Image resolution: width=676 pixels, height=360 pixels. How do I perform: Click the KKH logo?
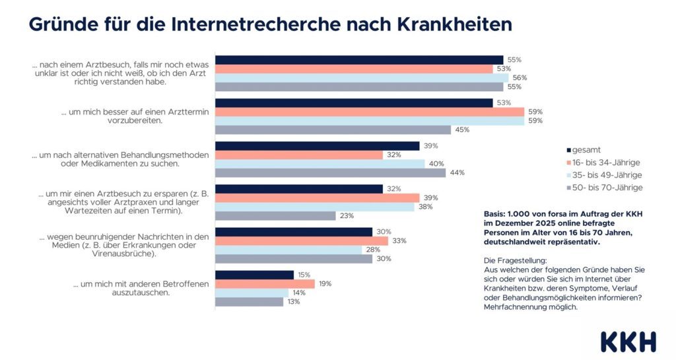628,342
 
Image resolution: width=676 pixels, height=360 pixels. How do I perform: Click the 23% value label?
347,215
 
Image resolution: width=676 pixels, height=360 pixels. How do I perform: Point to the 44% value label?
457,172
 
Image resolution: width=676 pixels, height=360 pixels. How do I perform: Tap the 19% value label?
325,284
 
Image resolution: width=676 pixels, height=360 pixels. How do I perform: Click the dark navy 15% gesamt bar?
254,275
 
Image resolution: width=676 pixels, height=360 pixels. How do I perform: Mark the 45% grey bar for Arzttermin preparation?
333,129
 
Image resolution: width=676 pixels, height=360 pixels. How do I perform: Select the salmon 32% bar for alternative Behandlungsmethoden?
299,155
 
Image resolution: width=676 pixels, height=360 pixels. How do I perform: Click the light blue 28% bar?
288,250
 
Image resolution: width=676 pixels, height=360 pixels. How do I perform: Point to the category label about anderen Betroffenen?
141,289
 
